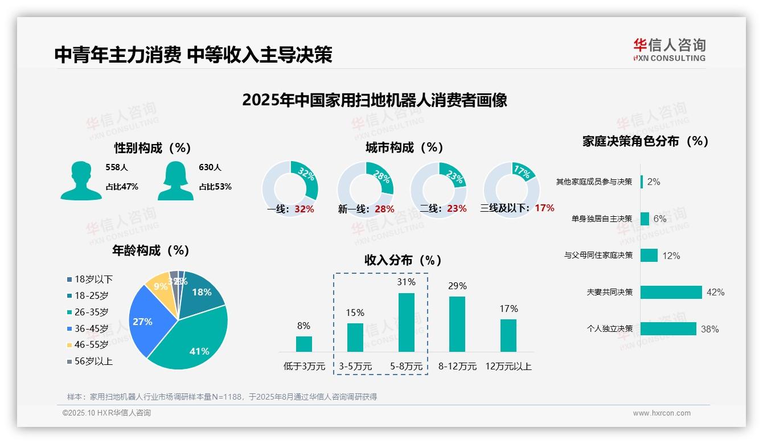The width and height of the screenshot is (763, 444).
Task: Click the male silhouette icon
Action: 81,180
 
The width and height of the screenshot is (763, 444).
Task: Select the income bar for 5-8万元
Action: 406,322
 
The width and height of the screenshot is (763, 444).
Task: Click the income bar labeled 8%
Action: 303,344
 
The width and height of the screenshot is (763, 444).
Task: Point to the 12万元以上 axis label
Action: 508,367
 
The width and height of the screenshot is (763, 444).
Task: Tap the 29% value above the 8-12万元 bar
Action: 457,286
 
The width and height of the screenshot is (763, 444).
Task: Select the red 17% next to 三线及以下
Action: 544,208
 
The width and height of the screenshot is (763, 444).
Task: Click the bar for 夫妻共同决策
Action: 671,292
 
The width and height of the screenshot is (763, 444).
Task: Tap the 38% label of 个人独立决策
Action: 710,329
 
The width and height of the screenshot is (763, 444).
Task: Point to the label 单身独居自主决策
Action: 602,219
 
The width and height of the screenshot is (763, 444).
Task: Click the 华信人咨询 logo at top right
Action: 669,50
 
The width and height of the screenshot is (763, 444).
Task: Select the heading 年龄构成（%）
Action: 151,250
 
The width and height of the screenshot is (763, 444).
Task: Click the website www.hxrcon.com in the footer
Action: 662,413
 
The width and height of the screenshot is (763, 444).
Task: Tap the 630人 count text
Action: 210,167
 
